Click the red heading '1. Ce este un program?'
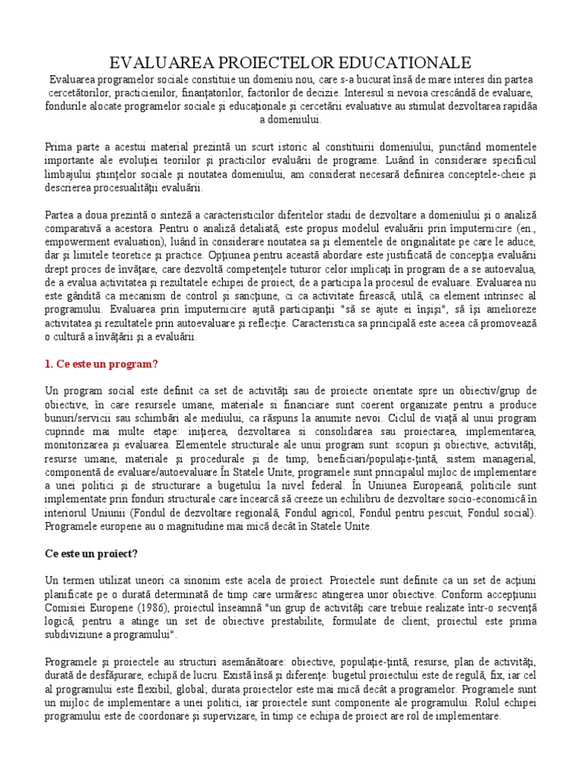tap(102, 364)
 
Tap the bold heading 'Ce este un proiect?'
tap(93, 553)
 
